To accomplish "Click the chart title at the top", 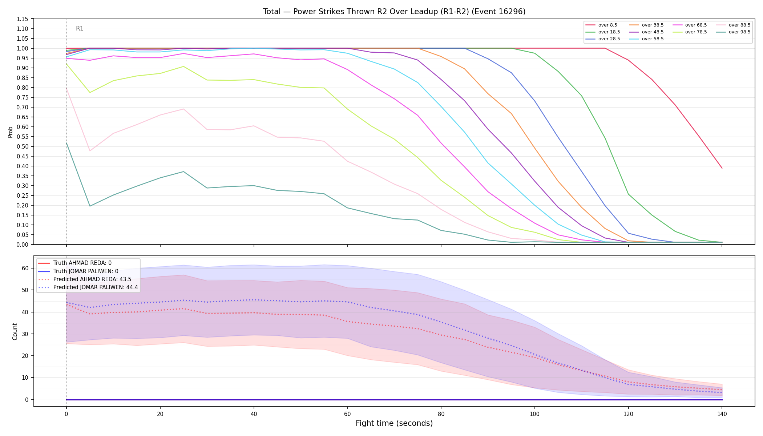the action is pyautogui.click(x=394, y=12).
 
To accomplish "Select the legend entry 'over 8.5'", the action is pyautogui.click(x=601, y=25).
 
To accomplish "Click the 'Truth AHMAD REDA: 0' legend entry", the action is pyautogui.click(x=75, y=263).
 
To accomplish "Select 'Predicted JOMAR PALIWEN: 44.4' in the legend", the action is pyautogui.click(x=88, y=287).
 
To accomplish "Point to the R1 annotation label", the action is pyautogui.click(x=80, y=29).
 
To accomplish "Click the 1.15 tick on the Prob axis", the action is pyautogui.click(x=23, y=19).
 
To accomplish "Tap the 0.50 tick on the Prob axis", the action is pyautogui.click(x=23, y=146).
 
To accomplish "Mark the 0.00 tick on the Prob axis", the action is pyautogui.click(x=23, y=245).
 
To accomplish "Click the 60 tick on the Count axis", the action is pyautogui.click(x=25, y=268).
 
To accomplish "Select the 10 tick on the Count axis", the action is pyautogui.click(x=25, y=378).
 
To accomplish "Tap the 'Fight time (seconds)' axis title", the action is pyautogui.click(x=394, y=423).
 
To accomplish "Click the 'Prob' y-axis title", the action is pyautogui.click(x=11, y=132).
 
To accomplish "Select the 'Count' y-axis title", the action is pyautogui.click(x=15, y=331).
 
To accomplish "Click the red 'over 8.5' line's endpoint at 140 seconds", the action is pyautogui.click(x=722, y=168).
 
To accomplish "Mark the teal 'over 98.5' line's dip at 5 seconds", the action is pyautogui.click(x=90, y=206).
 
